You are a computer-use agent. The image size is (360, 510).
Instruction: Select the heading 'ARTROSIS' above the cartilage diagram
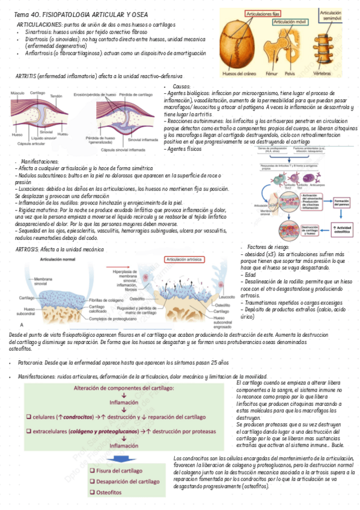click(27, 248)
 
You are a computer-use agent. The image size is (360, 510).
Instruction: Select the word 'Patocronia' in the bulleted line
click(30, 363)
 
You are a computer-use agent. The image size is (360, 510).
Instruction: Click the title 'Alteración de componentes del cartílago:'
click(132, 389)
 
